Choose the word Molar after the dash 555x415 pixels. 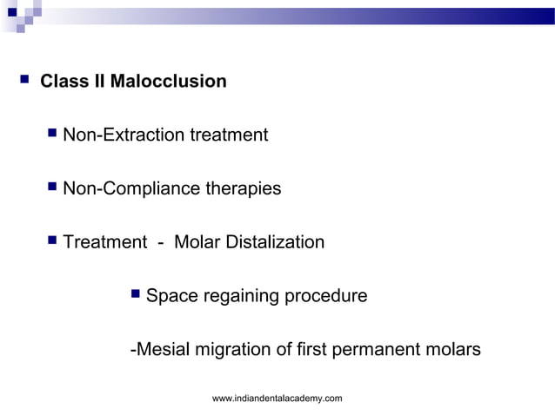[x=197, y=242]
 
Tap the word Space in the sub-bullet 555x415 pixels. [x=172, y=296]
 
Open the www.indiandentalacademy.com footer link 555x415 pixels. [x=277, y=398]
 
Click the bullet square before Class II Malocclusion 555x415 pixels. [x=23, y=81]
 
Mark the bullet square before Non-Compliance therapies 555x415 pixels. [x=53, y=187]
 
